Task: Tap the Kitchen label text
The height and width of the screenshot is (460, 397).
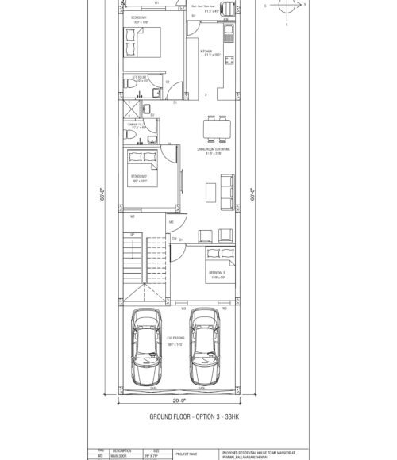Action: [x=209, y=52]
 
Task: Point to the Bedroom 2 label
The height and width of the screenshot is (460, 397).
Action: [x=139, y=179]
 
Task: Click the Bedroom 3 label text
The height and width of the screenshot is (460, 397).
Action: [x=217, y=274]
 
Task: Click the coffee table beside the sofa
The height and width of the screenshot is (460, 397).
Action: [x=209, y=191]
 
